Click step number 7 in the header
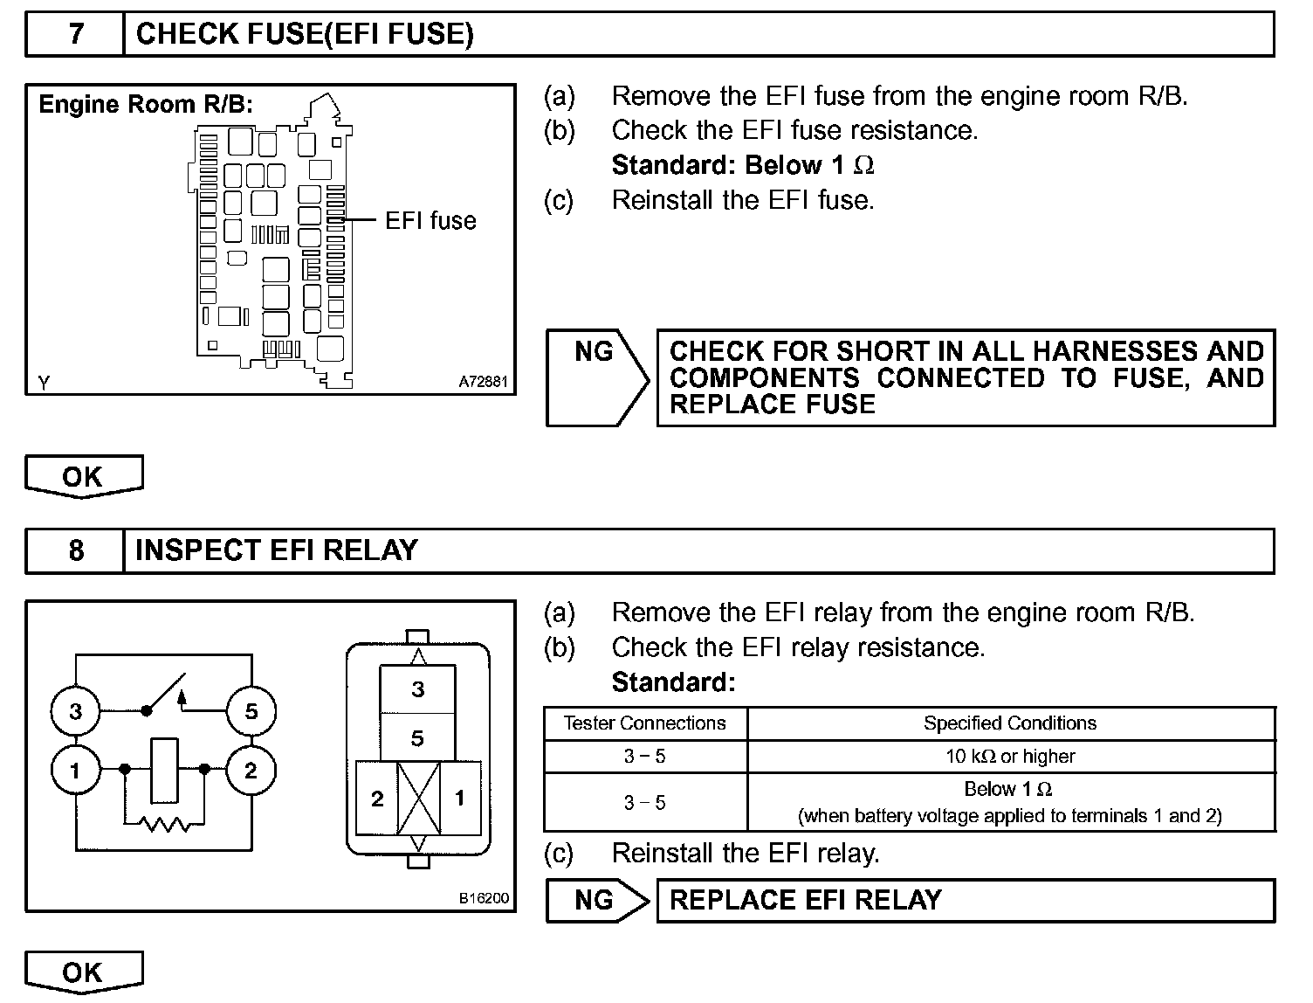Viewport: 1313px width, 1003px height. pos(76,35)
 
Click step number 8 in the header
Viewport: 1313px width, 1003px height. pos(76,550)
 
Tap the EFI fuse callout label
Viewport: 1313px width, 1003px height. pos(430,220)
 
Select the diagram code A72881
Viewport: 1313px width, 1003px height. pos(483,383)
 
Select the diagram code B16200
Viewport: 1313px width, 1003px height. pos(484,898)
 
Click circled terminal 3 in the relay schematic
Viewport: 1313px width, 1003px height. pos(75,711)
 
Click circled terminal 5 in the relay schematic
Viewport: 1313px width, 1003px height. pos(251,711)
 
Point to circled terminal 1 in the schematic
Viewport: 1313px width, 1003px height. pos(75,771)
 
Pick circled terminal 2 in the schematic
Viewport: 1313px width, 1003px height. pos(251,771)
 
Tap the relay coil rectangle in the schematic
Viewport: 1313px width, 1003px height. pos(164,770)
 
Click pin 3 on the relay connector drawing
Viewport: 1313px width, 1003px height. pos(417,689)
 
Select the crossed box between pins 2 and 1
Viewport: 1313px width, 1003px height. pos(418,799)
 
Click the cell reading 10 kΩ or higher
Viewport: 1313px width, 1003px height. pos(1010,757)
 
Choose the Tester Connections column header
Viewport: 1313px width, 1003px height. pos(644,723)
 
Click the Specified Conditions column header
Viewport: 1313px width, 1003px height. pos(1010,723)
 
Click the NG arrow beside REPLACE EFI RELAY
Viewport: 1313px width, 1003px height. pos(597,901)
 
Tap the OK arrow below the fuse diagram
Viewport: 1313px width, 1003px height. pos(83,476)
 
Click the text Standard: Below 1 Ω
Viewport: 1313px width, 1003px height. pos(742,165)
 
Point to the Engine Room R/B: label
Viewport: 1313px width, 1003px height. pos(146,105)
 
